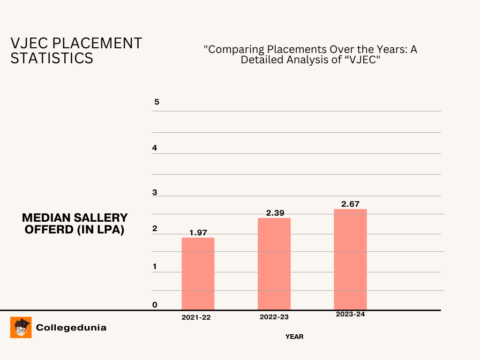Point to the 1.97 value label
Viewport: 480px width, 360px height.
198,232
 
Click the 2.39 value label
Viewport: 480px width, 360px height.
275,213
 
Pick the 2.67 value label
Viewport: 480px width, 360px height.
351,204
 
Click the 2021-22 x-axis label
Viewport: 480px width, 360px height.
196,317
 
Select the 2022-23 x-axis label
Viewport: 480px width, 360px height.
274,317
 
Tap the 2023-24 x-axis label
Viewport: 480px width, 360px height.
350,314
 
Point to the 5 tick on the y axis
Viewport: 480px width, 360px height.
157,102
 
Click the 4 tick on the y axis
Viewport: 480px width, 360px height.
155,148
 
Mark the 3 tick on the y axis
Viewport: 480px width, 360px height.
155,193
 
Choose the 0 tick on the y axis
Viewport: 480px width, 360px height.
155,305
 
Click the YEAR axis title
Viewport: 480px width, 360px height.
294,337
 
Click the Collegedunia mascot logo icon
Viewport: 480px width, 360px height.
21,327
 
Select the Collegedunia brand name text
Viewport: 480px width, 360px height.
71,328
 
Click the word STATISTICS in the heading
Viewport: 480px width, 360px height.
52,59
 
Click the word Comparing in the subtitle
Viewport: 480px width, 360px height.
230,50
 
